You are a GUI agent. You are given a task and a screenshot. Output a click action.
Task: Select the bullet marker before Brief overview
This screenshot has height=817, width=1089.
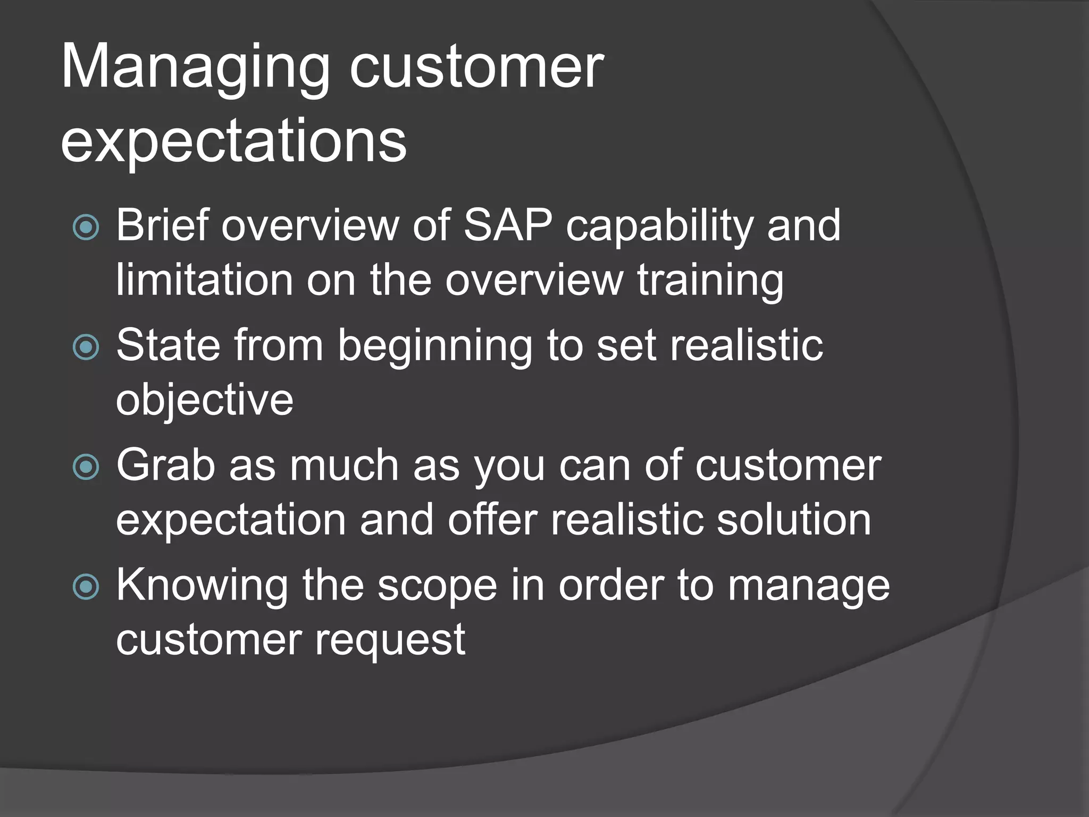point(86,228)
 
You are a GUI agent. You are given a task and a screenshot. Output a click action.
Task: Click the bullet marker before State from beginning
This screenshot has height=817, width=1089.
point(86,347)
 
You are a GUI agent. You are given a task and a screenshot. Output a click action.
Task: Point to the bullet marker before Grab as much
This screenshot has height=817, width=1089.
point(86,467)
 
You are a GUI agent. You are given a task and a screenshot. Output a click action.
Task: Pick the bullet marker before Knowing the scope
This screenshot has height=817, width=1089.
point(86,587)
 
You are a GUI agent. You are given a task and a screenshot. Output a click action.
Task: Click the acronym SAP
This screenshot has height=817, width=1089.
point(508,226)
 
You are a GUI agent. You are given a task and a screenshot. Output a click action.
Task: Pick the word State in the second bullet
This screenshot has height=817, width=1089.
point(167,346)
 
